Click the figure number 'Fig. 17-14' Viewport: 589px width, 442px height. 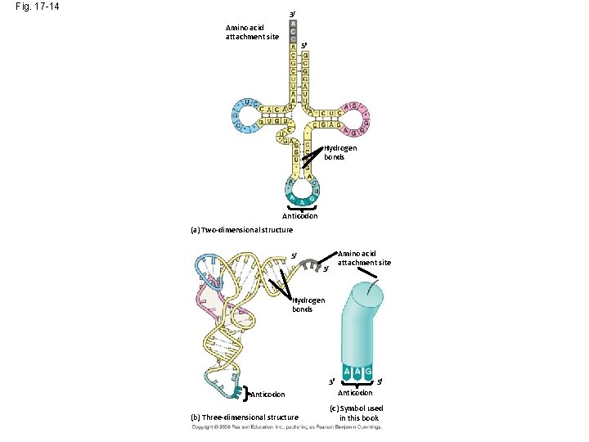tap(37, 7)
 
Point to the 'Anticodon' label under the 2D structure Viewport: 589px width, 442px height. tap(299, 216)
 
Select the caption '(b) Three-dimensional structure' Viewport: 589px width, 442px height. tap(244, 417)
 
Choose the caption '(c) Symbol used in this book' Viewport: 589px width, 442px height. tap(356, 413)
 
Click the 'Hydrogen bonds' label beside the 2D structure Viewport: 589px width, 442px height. tap(340, 152)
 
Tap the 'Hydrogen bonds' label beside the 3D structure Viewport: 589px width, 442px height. tap(308, 304)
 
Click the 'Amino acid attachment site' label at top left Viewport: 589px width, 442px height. tap(252, 32)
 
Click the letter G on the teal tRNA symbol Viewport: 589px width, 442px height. tap(369, 372)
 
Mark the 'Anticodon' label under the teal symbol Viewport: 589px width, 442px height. tap(356, 393)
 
